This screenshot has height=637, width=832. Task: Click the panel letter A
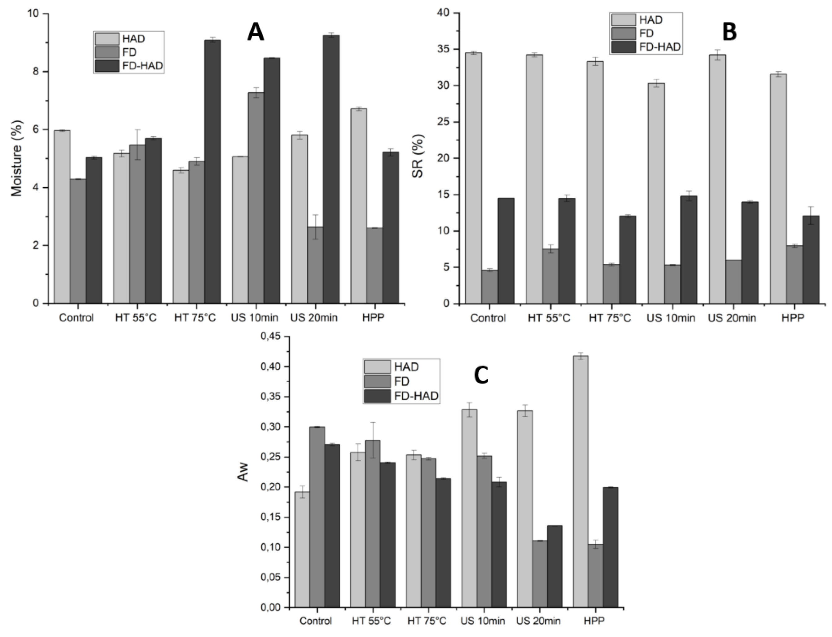tap(255, 32)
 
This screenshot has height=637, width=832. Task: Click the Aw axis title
tap(243, 472)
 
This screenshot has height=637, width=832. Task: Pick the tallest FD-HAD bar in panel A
tap(331, 169)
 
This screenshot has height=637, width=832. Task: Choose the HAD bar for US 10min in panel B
tap(656, 193)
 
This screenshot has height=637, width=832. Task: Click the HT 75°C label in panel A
tap(195, 317)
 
